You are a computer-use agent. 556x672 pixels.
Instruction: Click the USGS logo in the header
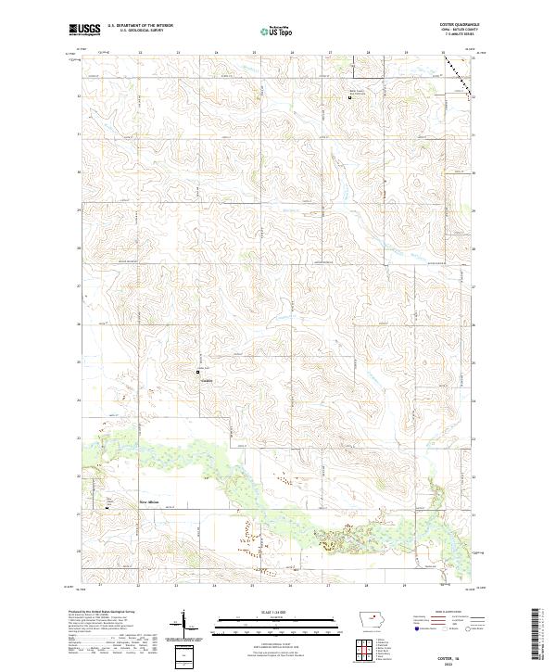(84, 31)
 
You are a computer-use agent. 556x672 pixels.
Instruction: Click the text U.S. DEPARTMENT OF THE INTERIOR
(140, 27)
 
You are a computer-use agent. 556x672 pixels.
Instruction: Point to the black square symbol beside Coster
(196, 373)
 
